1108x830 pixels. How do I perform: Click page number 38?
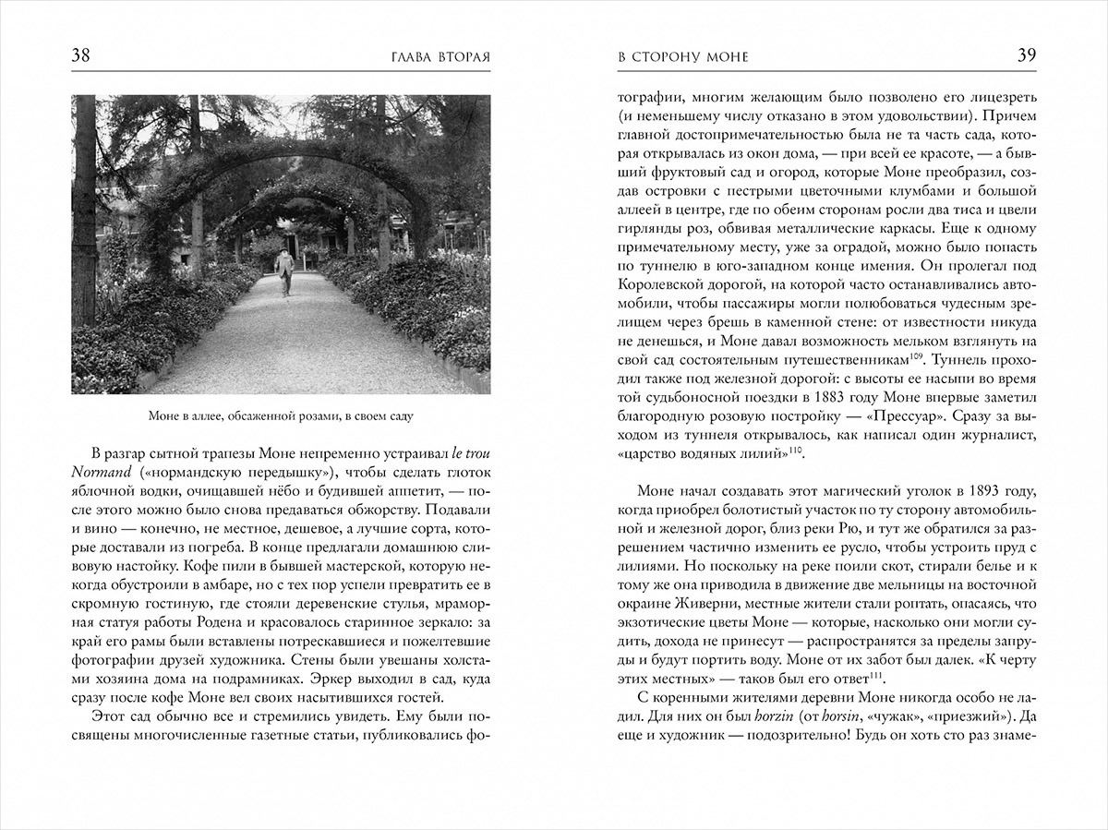(x=81, y=56)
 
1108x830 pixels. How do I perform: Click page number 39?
(x=1026, y=55)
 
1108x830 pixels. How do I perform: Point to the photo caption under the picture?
(x=280, y=416)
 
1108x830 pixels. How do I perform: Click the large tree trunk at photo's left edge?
(x=86, y=212)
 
